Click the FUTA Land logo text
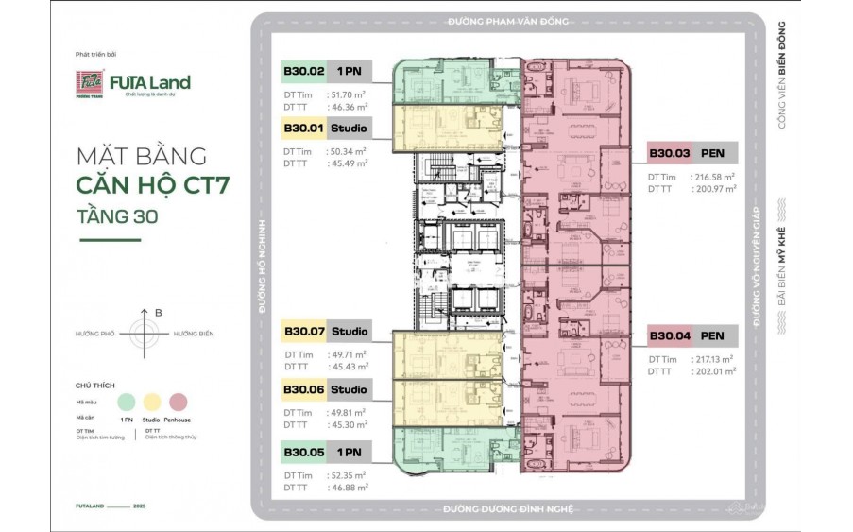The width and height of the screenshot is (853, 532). point(149,82)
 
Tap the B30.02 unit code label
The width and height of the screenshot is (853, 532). point(303,71)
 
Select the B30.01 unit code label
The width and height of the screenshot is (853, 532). point(303,128)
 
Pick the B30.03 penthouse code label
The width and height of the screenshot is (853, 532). point(669,153)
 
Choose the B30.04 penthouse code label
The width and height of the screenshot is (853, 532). point(669,335)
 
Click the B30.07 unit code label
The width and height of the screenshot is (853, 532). point(303,332)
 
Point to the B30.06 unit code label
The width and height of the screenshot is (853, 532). point(303,389)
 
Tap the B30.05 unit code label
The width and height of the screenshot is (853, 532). point(303,453)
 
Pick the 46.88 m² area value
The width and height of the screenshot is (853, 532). point(348,489)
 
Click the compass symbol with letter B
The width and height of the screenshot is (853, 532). point(145,334)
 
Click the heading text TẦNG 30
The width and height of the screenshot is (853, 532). point(118,215)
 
